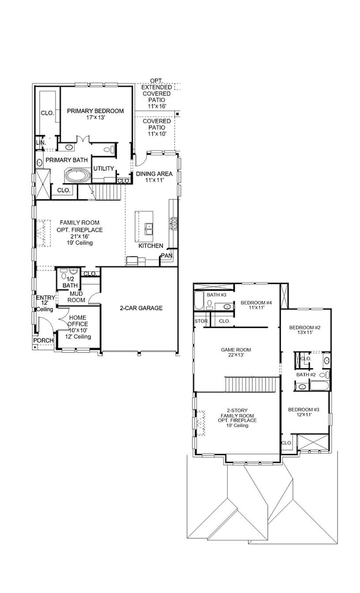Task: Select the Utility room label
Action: [104, 168]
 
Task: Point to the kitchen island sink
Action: [148, 226]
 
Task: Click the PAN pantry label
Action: [166, 256]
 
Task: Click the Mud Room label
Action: [76, 297]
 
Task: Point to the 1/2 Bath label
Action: [70, 282]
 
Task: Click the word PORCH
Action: [43, 340]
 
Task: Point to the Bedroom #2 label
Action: [305, 331]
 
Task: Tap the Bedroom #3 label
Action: [303, 413]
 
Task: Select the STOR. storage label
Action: [200, 321]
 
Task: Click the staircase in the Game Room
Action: [250, 384]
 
